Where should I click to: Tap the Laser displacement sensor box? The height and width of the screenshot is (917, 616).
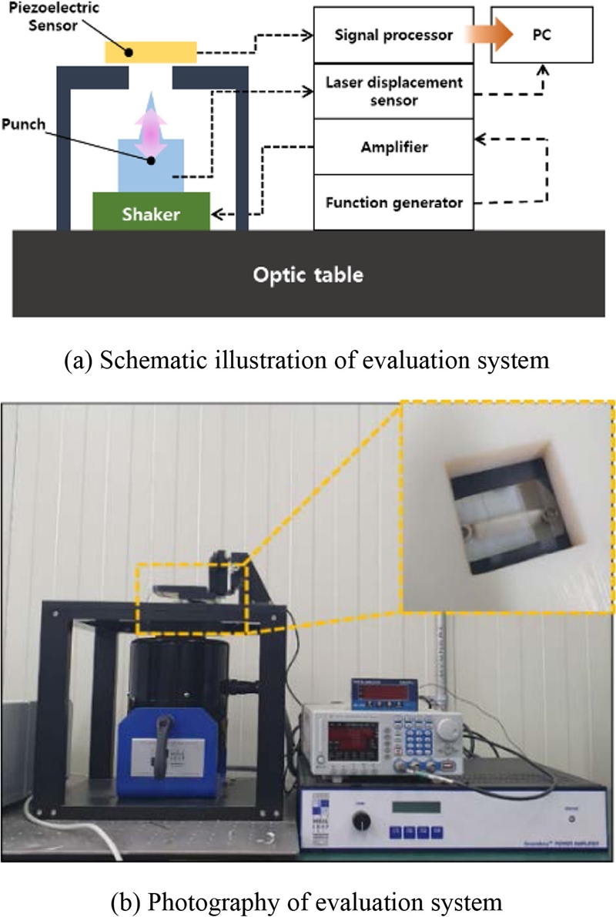[393, 92]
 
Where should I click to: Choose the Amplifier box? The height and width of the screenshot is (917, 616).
[393, 146]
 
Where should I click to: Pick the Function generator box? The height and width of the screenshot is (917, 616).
[393, 203]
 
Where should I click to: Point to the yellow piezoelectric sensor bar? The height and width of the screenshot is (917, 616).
[151, 52]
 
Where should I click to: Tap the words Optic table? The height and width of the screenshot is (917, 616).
[307, 274]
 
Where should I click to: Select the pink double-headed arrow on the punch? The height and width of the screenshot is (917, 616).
[151, 135]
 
